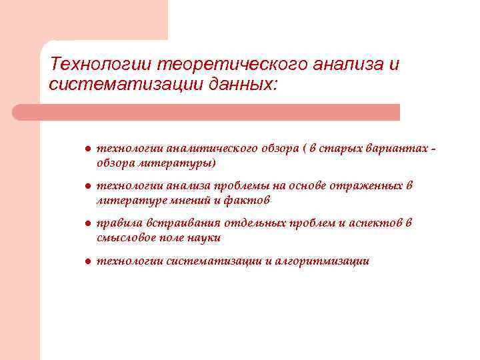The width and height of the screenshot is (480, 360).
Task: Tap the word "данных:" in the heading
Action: click(x=243, y=85)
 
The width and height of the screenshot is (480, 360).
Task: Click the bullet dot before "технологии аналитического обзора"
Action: click(x=79, y=149)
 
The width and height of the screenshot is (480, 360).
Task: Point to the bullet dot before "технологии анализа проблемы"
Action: click(x=79, y=187)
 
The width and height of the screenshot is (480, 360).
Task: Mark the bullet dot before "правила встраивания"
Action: click(x=79, y=224)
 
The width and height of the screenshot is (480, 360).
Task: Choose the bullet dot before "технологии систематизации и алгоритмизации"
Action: click(x=79, y=261)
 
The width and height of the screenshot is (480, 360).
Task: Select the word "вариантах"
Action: click(x=397, y=149)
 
